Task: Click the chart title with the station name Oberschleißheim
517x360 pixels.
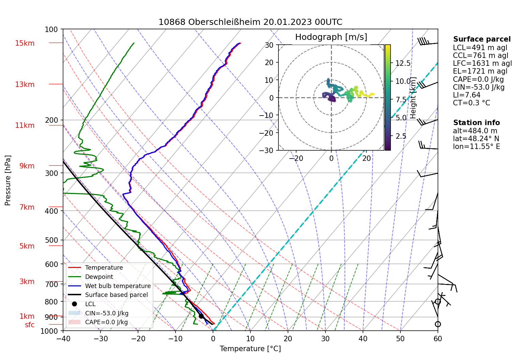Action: tap(250, 22)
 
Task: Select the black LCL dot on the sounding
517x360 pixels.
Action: tap(201, 316)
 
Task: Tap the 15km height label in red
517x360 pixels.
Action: tap(25, 43)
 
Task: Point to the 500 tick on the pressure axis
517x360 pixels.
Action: tap(51, 240)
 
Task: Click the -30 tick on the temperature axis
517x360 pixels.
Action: tap(101, 339)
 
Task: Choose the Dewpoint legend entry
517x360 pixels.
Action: tap(99, 277)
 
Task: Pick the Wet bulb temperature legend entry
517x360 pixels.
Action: tap(118, 286)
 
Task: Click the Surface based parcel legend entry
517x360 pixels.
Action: tap(116, 295)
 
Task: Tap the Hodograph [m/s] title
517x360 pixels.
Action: tap(331, 37)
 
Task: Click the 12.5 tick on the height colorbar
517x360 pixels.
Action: tap(403, 63)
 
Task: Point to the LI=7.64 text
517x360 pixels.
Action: tap(467, 95)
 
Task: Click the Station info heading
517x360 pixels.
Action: tap(476, 123)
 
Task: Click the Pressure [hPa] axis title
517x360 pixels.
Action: tap(8, 180)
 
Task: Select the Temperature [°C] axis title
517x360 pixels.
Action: tap(250, 349)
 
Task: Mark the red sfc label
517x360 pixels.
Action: tap(30, 325)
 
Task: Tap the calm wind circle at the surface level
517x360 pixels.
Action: tap(438, 324)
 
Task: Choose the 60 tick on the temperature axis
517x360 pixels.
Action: tap(438, 339)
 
